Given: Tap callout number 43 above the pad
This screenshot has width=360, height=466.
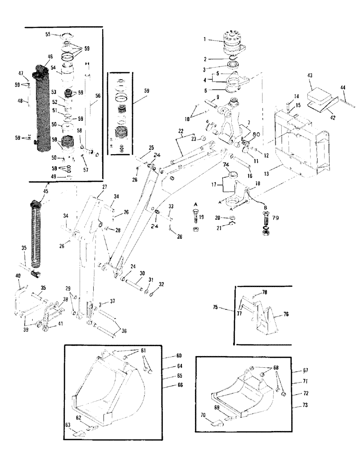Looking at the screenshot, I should point(310,76).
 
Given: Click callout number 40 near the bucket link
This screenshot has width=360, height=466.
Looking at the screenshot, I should point(18,276).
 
